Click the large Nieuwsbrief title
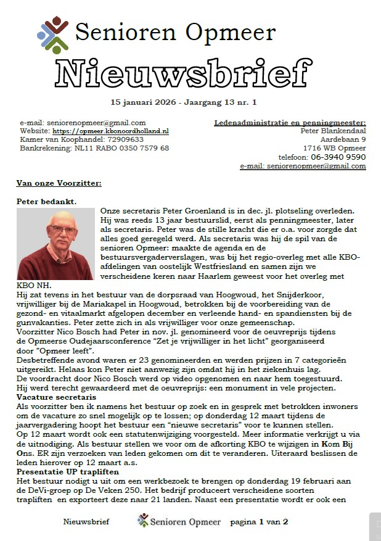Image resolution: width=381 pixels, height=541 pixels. pos(190,74)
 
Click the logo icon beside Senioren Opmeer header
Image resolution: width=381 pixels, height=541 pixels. pos(54,35)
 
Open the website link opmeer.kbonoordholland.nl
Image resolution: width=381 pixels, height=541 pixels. pos(110,131)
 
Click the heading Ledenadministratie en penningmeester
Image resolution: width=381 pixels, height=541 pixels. pos(290,123)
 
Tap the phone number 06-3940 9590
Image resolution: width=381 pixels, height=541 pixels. pos(339,157)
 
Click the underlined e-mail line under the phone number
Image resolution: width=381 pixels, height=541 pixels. pos(303,166)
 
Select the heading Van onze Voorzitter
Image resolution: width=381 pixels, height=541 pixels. pos(59,183)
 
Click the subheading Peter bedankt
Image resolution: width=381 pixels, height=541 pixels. pos(46,201)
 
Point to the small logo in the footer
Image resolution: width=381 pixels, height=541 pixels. pos(143,522)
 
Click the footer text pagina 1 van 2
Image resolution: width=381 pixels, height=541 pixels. pos(259,522)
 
